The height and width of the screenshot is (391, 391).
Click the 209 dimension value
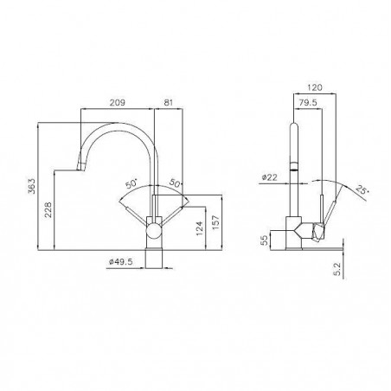click(118, 102)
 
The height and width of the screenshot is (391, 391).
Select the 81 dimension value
click(168, 102)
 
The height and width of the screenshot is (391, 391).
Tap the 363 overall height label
click(32, 186)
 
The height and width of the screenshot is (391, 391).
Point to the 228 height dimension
click(48, 209)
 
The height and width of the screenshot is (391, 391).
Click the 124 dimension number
click(200, 228)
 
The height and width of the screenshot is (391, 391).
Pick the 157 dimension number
click(216, 222)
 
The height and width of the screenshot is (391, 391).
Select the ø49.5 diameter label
click(120, 262)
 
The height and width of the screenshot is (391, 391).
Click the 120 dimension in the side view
click(315, 87)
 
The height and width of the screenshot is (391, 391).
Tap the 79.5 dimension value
click(308, 102)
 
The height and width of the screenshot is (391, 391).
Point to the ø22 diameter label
click(269, 177)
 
